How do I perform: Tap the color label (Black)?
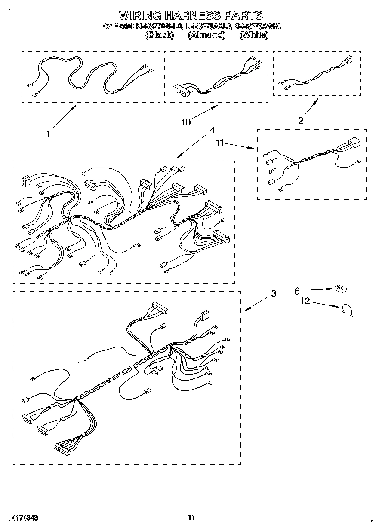[x=160, y=35]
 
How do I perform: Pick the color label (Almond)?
[x=206, y=35]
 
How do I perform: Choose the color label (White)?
[x=254, y=35]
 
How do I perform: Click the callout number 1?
[x=49, y=134]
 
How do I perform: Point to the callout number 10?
[x=185, y=122]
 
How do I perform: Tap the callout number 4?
[x=212, y=130]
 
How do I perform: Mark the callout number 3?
[x=273, y=294]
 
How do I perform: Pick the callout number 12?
[x=305, y=302]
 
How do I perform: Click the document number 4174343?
[x=22, y=518]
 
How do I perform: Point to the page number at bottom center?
[x=191, y=517]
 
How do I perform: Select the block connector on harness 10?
[x=182, y=88]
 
